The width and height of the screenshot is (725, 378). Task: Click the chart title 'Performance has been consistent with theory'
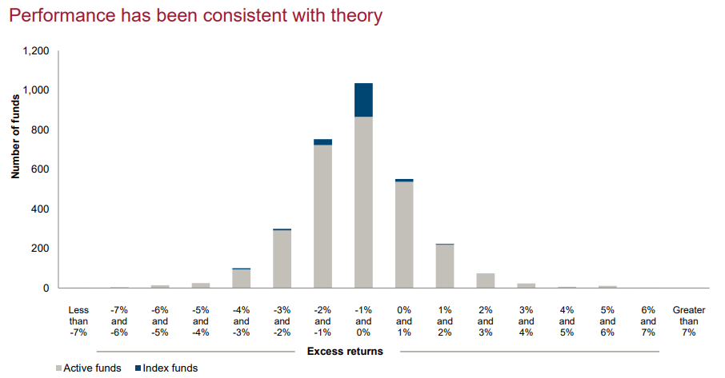(x=195, y=16)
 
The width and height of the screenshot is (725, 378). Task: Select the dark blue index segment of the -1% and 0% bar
(x=363, y=100)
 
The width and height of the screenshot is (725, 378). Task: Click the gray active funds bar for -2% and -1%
(x=322, y=217)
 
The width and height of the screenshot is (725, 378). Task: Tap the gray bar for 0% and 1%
(x=404, y=235)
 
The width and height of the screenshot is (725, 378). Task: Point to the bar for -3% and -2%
(x=282, y=258)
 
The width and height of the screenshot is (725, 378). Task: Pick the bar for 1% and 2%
(x=445, y=266)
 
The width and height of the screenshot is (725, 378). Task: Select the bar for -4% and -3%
(x=242, y=278)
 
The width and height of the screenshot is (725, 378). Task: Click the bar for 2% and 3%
(x=486, y=281)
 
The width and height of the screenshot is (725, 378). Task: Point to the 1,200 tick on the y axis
(x=36, y=51)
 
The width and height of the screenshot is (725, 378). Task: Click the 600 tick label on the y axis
(x=40, y=169)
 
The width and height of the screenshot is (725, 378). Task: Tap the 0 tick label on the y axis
(x=46, y=288)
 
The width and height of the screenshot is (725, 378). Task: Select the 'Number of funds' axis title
(x=16, y=137)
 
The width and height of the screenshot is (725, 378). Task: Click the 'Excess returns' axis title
(x=345, y=352)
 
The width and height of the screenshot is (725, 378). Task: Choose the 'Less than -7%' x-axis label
(x=78, y=321)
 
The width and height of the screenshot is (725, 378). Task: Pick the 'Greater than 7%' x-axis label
(x=689, y=321)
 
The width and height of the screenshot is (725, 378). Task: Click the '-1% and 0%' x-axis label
(x=363, y=321)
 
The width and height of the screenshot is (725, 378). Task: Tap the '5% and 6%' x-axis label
(x=607, y=321)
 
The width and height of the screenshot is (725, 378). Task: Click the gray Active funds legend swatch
(x=58, y=368)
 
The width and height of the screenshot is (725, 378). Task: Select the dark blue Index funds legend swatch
(x=138, y=368)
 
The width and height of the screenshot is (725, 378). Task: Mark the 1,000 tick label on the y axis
(x=36, y=90)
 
